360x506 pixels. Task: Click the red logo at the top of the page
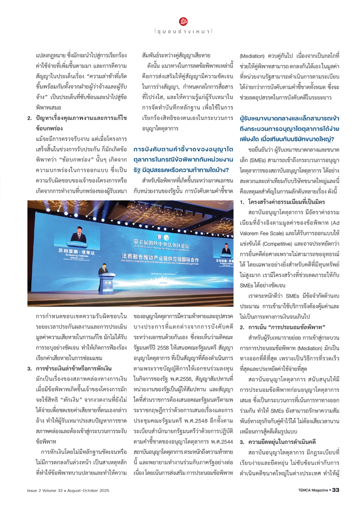(183, 21)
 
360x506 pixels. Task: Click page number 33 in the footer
(336, 490)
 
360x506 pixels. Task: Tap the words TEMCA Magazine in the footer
(313, 490)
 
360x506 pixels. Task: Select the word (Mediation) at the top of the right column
(252, 56)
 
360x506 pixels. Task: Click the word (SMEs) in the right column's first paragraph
(256, 160)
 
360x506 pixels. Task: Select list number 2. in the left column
(30, 118)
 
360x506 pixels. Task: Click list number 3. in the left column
(30, 369)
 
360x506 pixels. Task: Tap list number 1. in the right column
(242, 202)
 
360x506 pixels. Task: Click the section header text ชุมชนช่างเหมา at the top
(183, 32)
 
